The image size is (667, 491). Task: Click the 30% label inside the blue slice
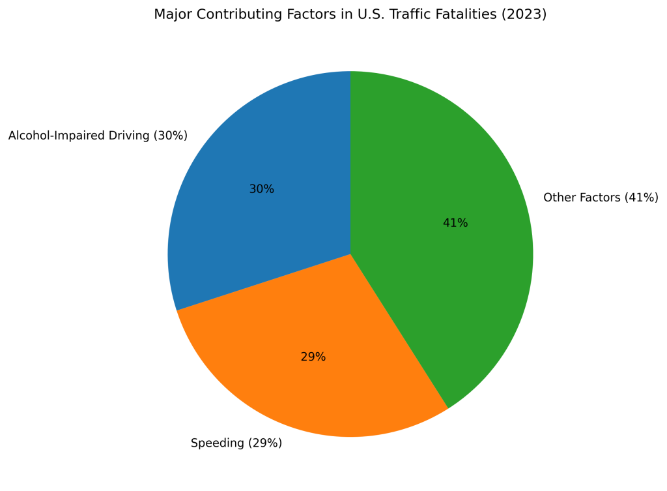[x=261, y=189]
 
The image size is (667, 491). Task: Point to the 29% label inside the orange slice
[x=313, y=357]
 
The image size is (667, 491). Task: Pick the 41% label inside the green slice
[x=455, y=223]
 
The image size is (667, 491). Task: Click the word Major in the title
[x=171, y=14]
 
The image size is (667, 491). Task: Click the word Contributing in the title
[x=234, y=14]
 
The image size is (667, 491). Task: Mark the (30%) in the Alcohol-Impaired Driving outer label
[x=170, y=136]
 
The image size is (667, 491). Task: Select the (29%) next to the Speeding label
[x=264, y=443]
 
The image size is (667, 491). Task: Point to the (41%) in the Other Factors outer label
[x=641, y=198]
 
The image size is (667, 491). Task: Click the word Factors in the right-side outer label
[x=598, y=198]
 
